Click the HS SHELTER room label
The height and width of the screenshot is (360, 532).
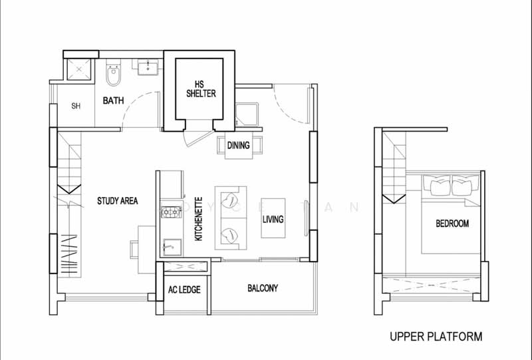(x=201, y=89)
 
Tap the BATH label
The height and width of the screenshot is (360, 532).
(x=113, y=100)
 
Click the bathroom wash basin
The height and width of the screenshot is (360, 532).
(x=148, y=67)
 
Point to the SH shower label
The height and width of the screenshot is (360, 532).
(x=76, y=106)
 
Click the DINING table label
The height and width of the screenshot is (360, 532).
(x=239, y=145)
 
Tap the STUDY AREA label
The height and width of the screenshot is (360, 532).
(x=118, y=201)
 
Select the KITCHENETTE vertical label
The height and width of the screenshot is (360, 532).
(x=198, y=219)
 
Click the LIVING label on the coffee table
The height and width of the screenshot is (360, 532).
(x=273, y=219)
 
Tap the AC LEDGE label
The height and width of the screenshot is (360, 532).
(x=184, y=289)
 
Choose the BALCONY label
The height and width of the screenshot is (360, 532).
(x=263, y=288)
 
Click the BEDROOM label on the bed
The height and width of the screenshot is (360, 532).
(x=452, y=224)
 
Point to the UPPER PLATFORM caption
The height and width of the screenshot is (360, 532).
(x=436, y=337)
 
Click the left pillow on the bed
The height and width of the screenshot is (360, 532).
(x=437, y=186)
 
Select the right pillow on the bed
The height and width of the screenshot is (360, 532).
(x=465, y=186)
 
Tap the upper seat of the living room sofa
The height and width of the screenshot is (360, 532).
(x=231, y=201)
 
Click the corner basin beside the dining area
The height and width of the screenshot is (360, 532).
(x=247, y=115)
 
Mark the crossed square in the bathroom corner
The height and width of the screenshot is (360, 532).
(x=78, y=70)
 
